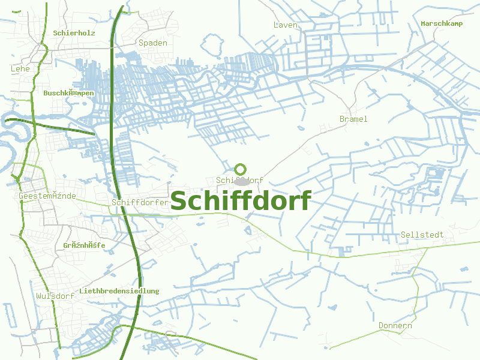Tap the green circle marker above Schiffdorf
click(241, 169)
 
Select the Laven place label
click(285, 25)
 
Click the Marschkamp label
click(442, 23)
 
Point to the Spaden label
click(153, 43)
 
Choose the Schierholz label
click(74, 33)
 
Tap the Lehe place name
click(20, 69)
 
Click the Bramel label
click(353, 119)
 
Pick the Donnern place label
click(395, 326)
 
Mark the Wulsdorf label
click(55, 296)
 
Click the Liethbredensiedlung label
click(119, 291)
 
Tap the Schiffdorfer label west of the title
click(140, 202)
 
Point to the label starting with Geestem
click(47, 196)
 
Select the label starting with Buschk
click(68, 94)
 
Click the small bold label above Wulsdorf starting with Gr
click(84, 245)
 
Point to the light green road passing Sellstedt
click(360, 255)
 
